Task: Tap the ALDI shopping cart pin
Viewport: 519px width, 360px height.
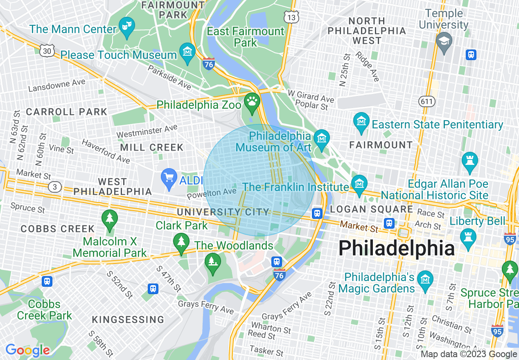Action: pos(169,178)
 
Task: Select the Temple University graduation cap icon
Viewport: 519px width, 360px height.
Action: pos(444,41)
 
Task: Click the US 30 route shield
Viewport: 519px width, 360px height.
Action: pos(47,51)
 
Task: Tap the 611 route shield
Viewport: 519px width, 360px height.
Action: pos(427,100)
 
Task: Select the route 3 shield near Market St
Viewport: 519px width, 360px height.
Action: pos(55,187)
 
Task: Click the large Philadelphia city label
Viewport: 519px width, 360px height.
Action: pos(397,248)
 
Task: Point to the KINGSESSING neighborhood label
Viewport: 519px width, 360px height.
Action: pos(128,319)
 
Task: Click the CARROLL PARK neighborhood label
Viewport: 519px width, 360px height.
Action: pos(66,112)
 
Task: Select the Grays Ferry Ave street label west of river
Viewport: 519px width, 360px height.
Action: pos(206,307)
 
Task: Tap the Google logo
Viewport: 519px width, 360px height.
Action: pos(28,350)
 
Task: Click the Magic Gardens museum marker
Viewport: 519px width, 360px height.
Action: pos(425,279)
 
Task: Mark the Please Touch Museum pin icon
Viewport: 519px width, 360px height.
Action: pos(188,52)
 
